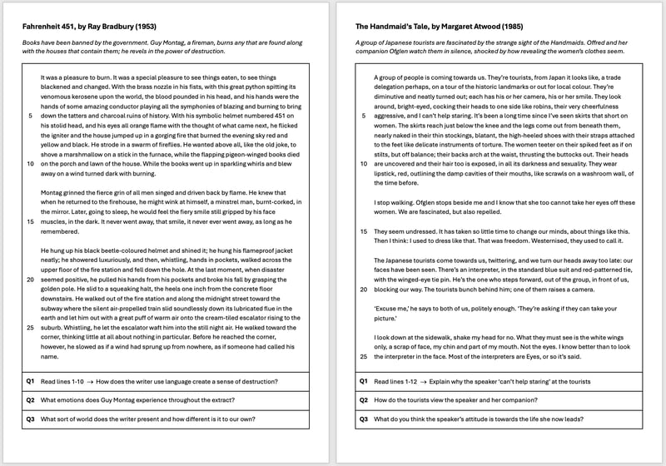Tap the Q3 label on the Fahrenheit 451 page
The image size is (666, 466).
(29, 419)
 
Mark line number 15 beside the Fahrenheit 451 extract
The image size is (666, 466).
(30, 221)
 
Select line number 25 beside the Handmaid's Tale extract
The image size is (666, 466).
(363, 356)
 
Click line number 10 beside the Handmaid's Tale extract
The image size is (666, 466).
(363, 164)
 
